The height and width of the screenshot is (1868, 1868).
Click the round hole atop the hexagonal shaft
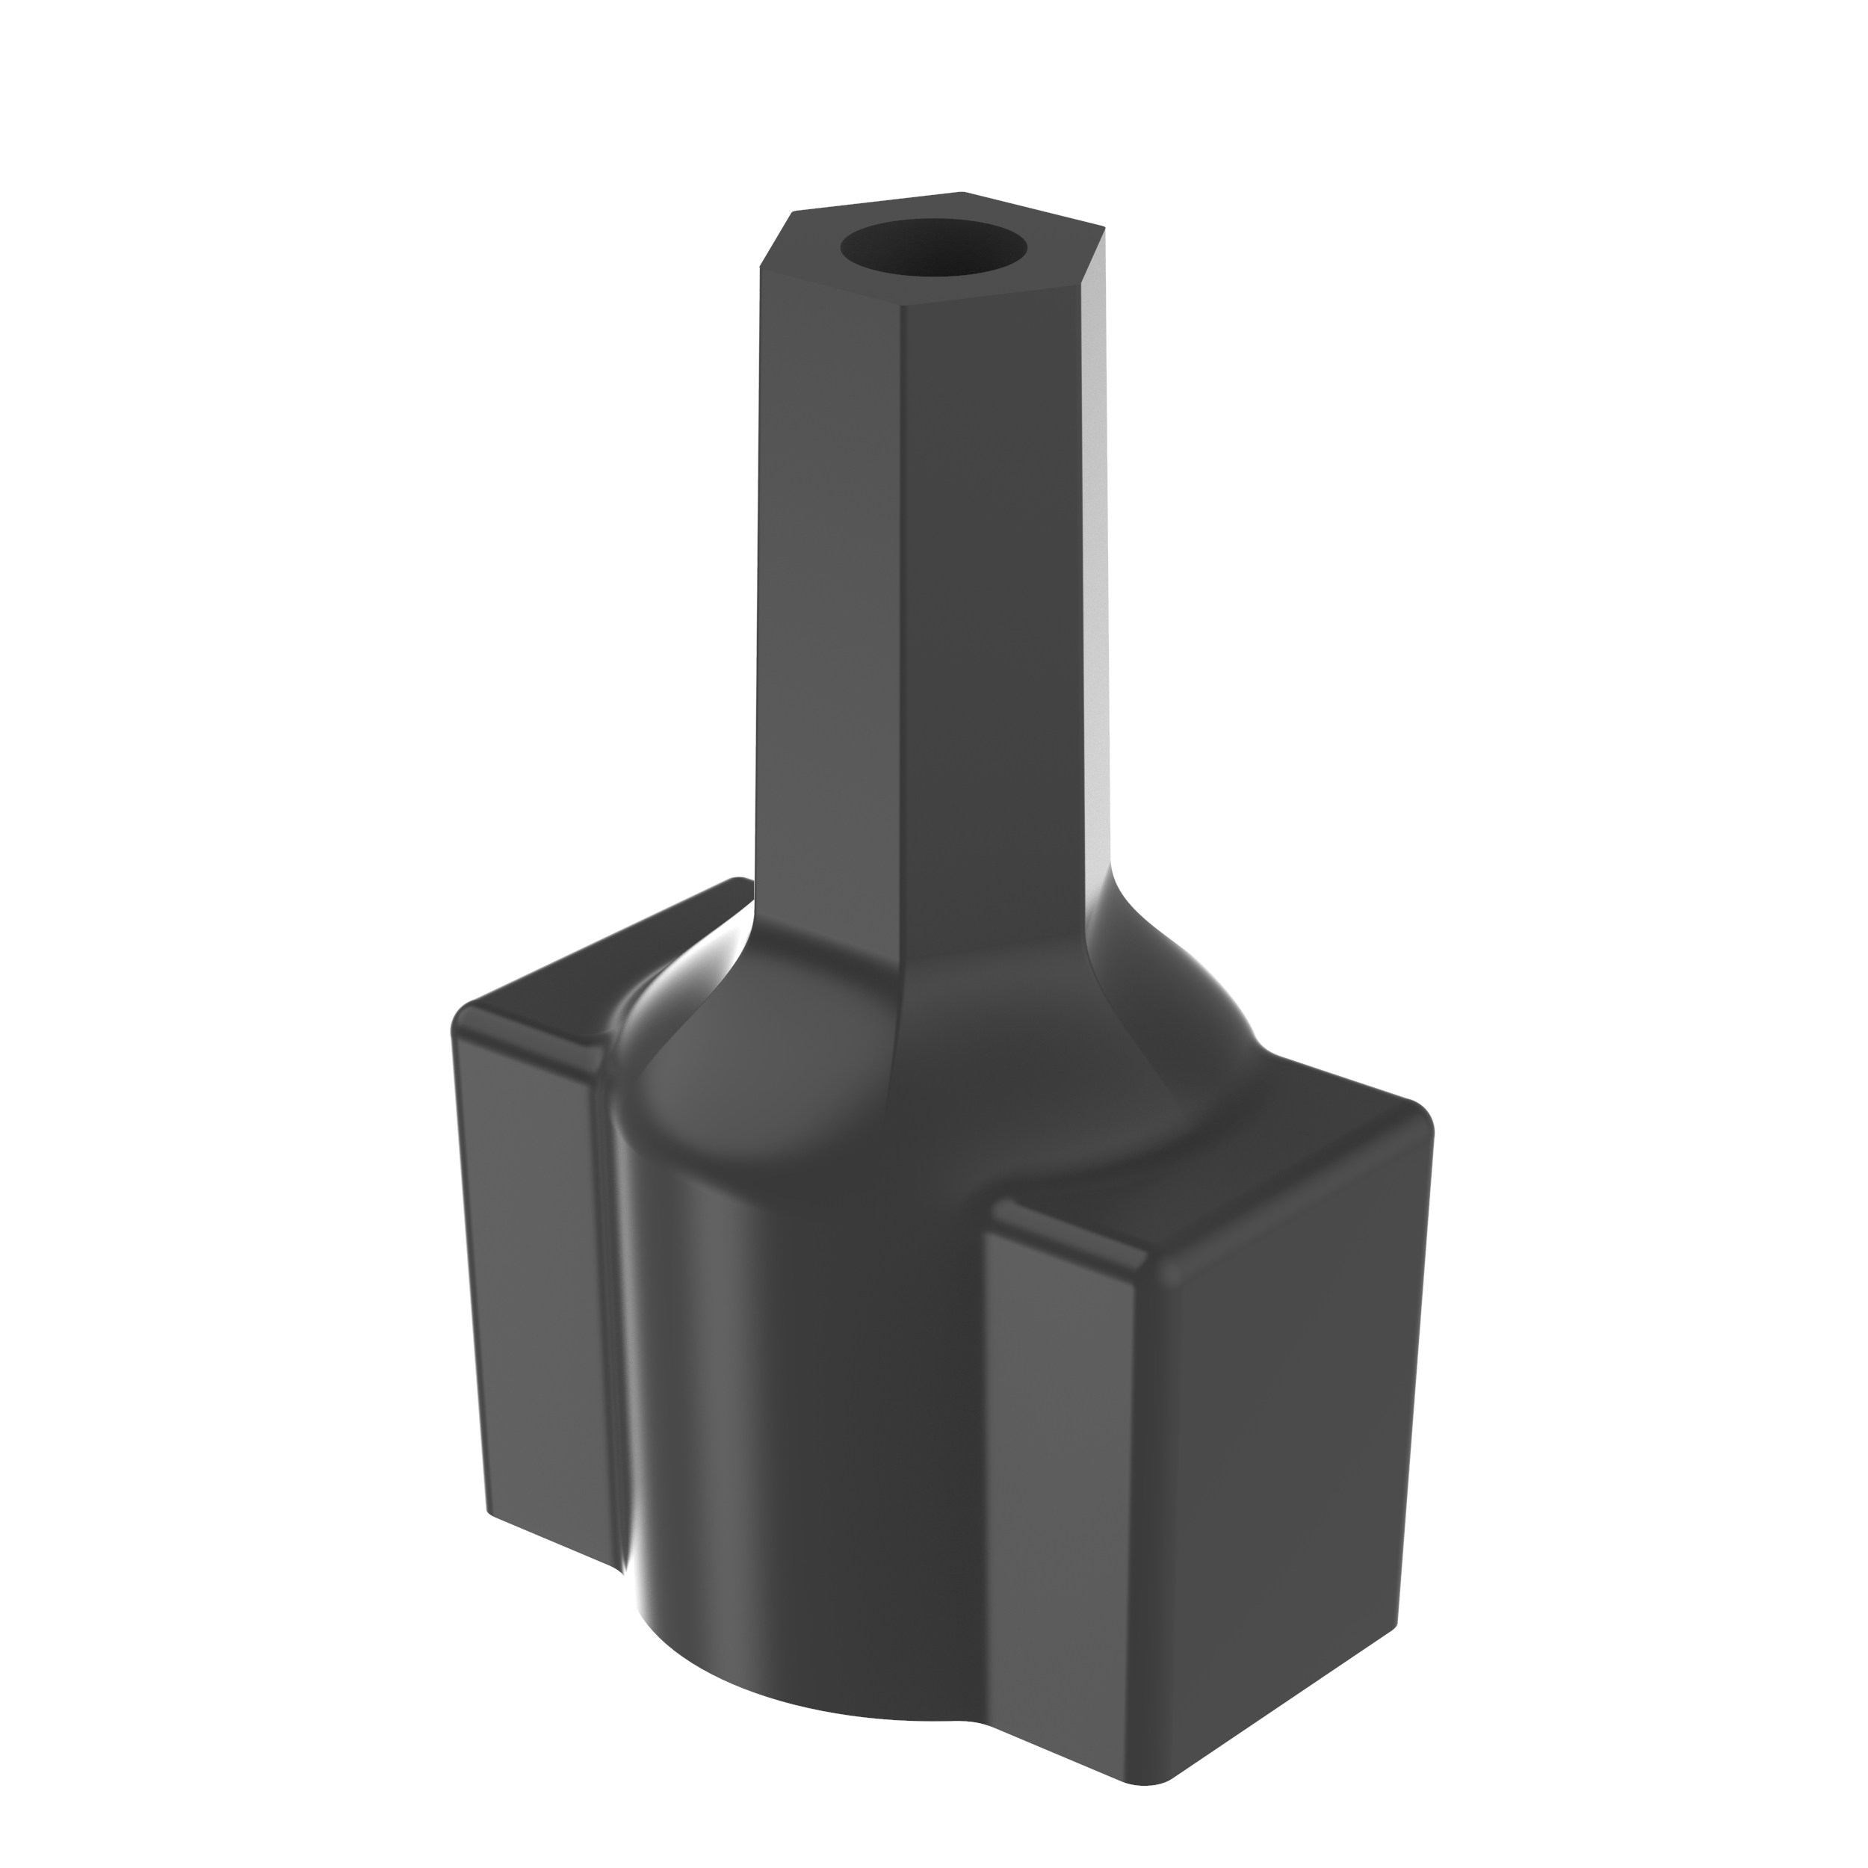934,247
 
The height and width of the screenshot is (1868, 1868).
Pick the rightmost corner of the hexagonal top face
1104,228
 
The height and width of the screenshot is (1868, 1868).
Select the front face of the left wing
536,1286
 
